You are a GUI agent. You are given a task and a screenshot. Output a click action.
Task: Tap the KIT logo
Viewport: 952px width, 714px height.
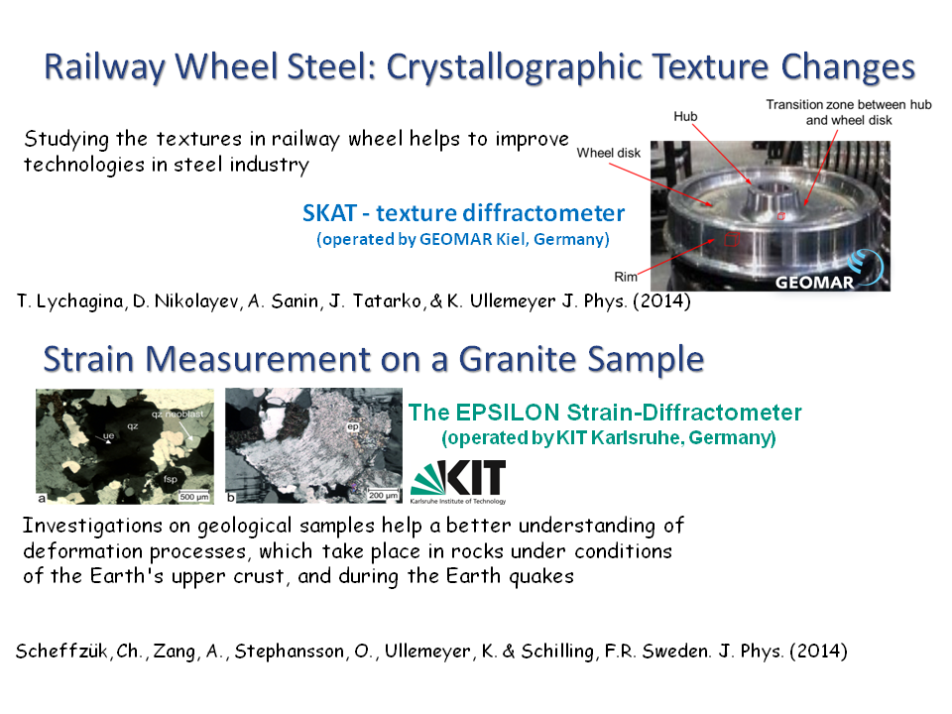coord(458,482)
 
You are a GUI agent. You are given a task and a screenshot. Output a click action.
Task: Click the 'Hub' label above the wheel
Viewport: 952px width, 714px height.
coord(685,116)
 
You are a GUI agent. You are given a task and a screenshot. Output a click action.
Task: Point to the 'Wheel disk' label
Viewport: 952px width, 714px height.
coord(608,153)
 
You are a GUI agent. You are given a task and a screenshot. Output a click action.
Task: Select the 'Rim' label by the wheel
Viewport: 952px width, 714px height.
coord(626,277)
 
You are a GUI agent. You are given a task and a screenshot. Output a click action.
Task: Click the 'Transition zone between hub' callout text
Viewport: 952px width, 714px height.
coord(848,104)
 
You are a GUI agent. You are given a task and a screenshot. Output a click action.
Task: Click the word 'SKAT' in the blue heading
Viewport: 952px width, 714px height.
coord(329,213)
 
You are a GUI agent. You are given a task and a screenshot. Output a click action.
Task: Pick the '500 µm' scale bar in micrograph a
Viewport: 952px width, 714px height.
coord(193,497)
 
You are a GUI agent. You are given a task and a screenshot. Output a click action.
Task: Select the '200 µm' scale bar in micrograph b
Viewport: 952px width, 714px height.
coord(383,496)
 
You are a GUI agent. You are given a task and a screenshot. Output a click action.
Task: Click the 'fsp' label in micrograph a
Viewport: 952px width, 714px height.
coord(170,479)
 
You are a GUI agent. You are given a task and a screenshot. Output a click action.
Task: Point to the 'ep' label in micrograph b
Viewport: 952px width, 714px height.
coord(353,426)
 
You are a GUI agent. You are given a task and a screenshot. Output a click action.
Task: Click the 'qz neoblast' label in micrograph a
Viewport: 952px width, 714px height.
coord(178,415)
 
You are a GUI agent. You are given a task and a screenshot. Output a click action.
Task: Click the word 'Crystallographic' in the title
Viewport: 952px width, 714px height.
coord(515,66)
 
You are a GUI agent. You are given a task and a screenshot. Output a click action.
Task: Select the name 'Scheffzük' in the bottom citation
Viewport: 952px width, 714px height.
coord(61,651)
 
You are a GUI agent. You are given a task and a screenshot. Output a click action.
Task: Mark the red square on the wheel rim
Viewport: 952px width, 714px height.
coord(732,239)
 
